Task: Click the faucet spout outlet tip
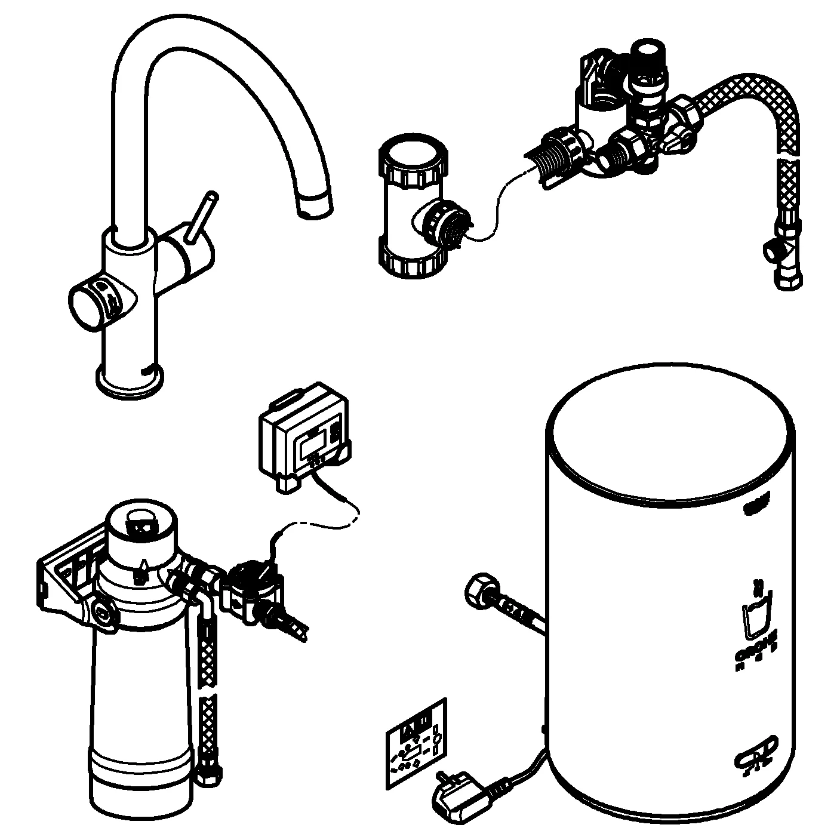[x=314, y=205]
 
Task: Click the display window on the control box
[x=312, y=445]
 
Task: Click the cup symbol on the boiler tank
[x=756, y=621]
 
